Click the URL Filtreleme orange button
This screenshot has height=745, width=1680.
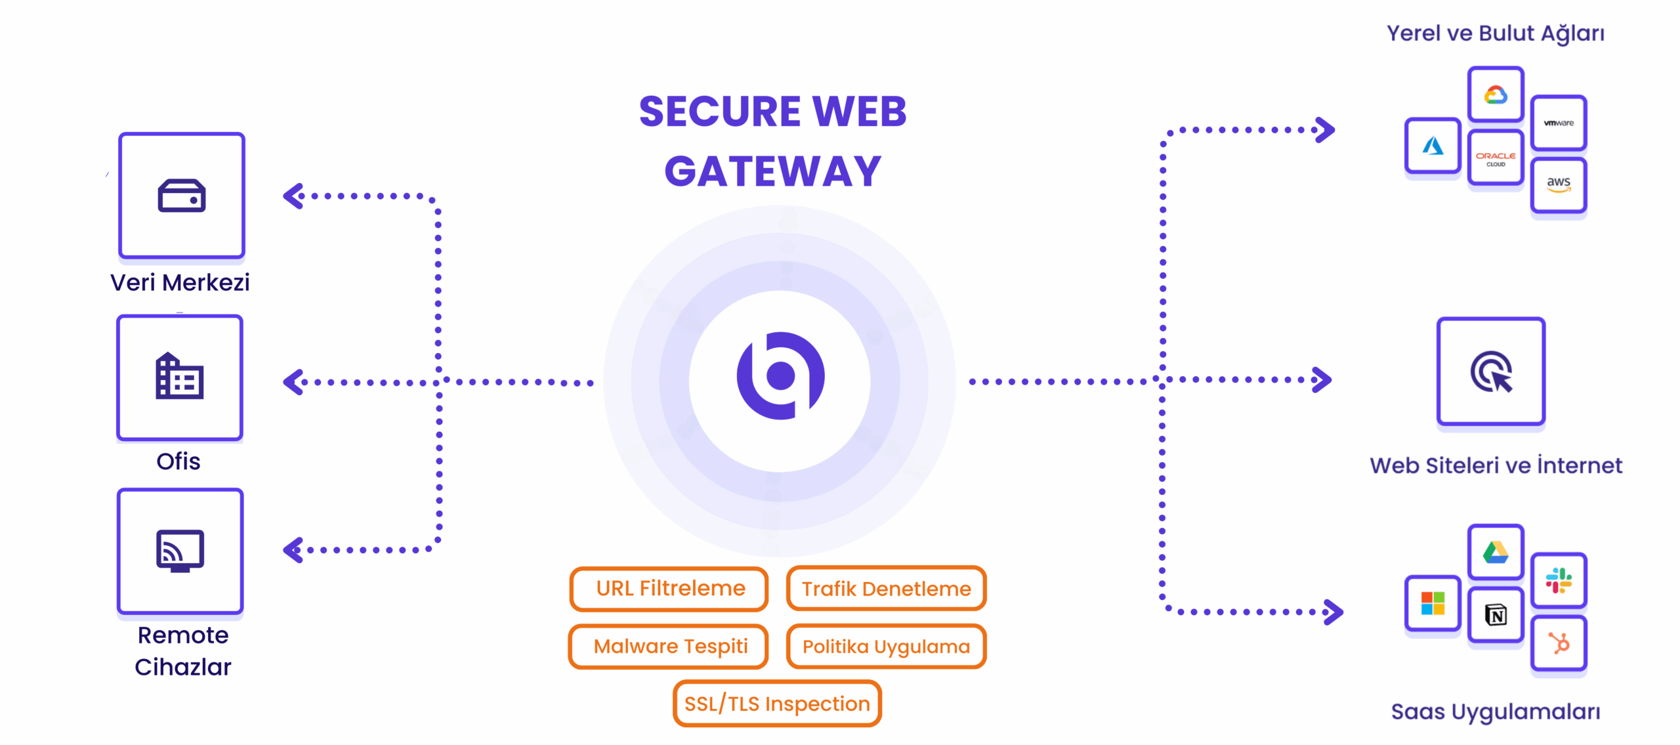[669, 589]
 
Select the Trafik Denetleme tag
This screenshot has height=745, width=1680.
[886, 589]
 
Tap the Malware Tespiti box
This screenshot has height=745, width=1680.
[669, 647]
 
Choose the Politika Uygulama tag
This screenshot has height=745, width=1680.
[886, 647]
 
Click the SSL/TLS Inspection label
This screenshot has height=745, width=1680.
[777, 704]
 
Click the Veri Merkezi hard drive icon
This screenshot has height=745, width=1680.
[182, 196]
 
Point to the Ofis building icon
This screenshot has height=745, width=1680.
[180, 377]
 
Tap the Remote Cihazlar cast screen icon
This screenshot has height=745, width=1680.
[180, 551]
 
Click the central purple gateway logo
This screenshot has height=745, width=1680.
[780, 377]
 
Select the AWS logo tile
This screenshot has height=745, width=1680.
[1559, 184]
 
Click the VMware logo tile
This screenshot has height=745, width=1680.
[1559, 123]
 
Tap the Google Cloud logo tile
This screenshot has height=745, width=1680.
[1496, 95]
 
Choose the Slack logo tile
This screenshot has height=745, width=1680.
[1559, 581]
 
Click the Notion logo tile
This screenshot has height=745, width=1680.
[1496, 615]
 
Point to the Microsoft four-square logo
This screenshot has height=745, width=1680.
[1433, 603]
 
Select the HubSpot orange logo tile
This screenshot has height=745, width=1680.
[1559, 643]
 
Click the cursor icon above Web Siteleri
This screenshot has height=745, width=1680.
[1491, 372]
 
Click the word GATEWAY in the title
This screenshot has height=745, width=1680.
[772, 171]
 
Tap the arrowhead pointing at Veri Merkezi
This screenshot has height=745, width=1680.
[293, 196]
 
